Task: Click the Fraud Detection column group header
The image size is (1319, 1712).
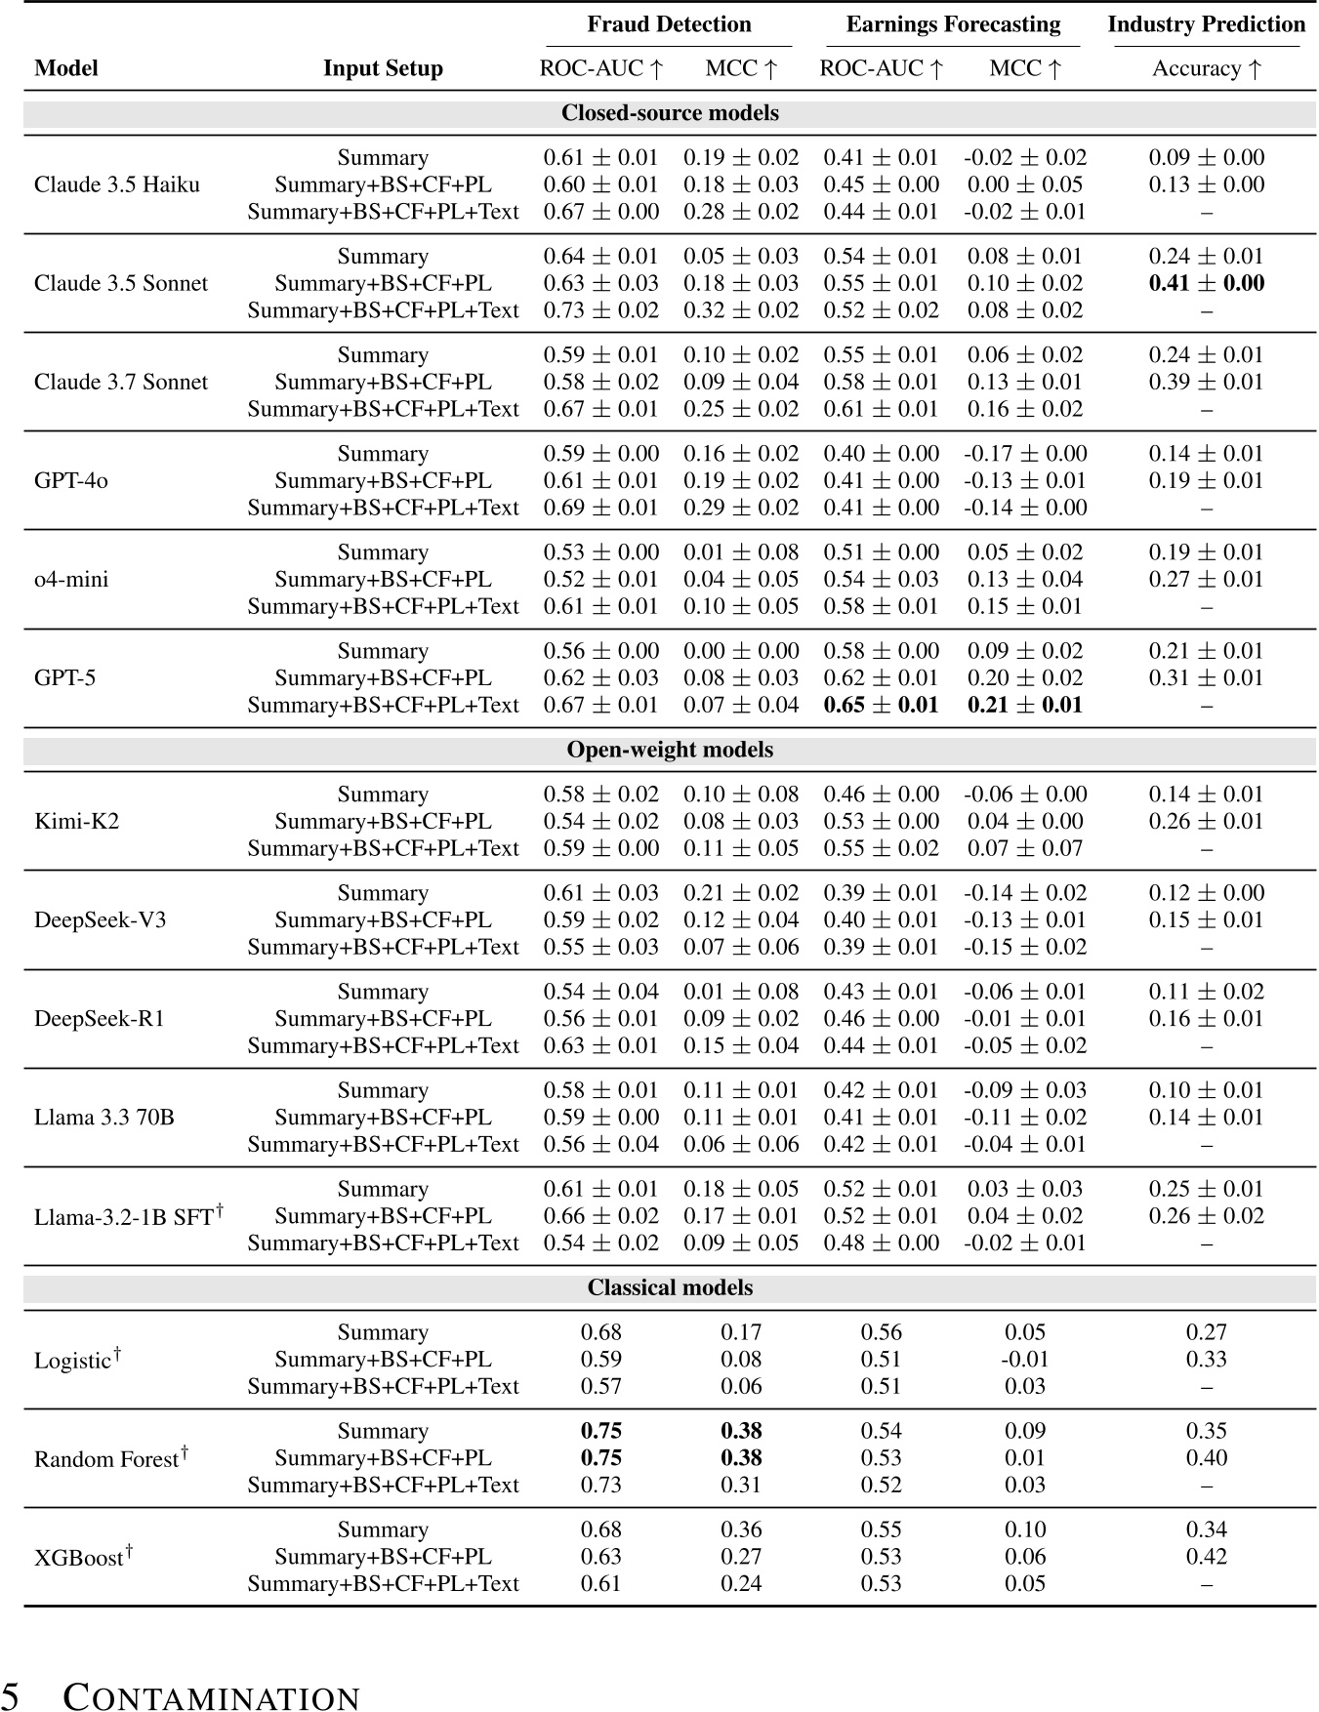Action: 669,24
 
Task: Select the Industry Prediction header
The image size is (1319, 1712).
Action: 1206,24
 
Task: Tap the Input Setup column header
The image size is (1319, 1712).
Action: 383,68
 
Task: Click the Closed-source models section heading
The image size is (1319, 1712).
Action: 670,113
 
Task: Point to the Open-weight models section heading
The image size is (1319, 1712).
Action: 670,751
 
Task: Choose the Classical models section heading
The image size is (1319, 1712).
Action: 670,1288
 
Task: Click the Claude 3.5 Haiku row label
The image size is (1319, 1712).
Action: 116,185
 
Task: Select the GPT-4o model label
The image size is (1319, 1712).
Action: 70,481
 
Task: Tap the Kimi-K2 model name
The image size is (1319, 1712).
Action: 76,822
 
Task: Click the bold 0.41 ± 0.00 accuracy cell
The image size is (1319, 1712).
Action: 1206,284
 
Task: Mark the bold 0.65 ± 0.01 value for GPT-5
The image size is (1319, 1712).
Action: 881,706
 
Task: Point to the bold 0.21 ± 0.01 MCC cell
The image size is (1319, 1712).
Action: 1024,706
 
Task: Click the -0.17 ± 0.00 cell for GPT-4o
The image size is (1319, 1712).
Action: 1024,454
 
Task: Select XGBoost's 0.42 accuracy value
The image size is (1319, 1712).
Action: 1206,1557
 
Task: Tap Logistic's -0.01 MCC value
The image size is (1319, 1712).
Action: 1024,1360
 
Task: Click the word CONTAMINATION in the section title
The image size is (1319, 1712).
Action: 212,1698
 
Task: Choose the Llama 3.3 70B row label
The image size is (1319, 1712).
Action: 103,1118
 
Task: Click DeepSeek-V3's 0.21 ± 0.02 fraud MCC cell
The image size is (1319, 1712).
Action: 740,893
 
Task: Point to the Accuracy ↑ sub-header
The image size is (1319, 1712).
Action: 1206,68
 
